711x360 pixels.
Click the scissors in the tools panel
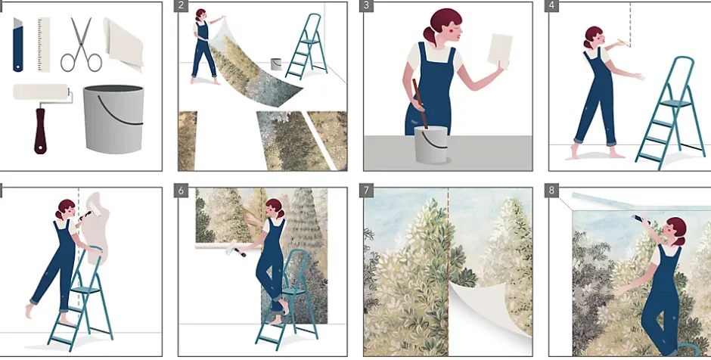pyautogui.click(x=81, y=45)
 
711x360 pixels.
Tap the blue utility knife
pyautogui.click(x=17, y=45)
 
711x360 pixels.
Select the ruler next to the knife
pyautogui.click(x=44, y=45)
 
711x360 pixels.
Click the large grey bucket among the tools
pyautogui.click(x=113, y=119)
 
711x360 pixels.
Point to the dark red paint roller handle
pyautogui.click(x=40, y=131)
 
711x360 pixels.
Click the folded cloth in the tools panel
pyautogui.click(x=123, y=44)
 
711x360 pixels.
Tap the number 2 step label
pyautogui.click(x=181, y=6)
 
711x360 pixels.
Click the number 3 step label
pyautogui.click(x=366, y=6)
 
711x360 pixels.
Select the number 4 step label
pyautogui.click(x=551, y=6)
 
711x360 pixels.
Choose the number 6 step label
pyautogui.click(x=181, y=191)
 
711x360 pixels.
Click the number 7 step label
pyautogui.click(x=366, y=191)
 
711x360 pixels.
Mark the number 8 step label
pyautogui.click(x=551, y=191)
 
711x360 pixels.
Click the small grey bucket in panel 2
pyautogui.click(x=275, y=64)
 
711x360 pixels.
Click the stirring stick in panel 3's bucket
pyautogui.click(x=421, y=104)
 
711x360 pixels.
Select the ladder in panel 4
pyautogui.click(x=671, y=113)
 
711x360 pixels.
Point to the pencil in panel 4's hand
pyautogui.click(x=622, y=43)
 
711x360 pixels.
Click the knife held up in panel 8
pyautogui.click(x=641, y=219)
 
